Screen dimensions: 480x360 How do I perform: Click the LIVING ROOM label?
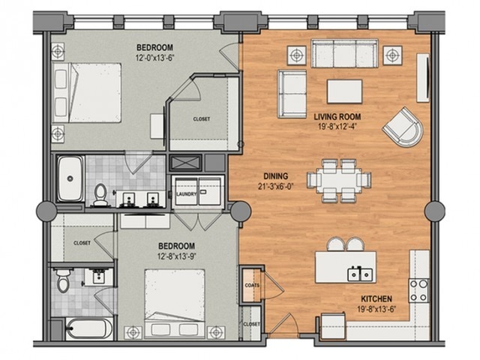tap(337, 117)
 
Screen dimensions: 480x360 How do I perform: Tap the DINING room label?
tap(276, 176)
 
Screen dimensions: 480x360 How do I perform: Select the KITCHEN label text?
tap(376, 298)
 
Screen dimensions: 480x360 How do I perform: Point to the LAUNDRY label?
tap(186, 194)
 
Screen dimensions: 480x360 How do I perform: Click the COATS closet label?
tap(252, 285)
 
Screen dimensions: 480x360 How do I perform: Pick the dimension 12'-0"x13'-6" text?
tap(155, 57)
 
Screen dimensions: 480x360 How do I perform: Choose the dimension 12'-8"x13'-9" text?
tap(176, 256)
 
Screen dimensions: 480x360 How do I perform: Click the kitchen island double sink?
tap(360, 274)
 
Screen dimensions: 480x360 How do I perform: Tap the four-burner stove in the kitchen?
tap(419, 290)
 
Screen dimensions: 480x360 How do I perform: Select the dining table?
tap(339, 181)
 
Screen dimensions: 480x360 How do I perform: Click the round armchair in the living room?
tap(403, 127)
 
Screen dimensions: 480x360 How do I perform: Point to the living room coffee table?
tap(345, 91)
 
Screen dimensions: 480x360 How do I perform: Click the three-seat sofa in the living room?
tap(344, 53)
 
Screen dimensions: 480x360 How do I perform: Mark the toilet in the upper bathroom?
tap(100, 195)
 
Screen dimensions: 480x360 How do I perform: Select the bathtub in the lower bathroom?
tap(89, 328)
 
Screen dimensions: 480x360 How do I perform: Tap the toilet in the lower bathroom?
tap(63, 280)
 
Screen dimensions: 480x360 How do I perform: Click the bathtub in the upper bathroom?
tap(70, 178)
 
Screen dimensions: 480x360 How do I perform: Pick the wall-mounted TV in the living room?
tap(423, 77)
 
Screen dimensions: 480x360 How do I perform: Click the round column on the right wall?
tap(435, 211)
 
